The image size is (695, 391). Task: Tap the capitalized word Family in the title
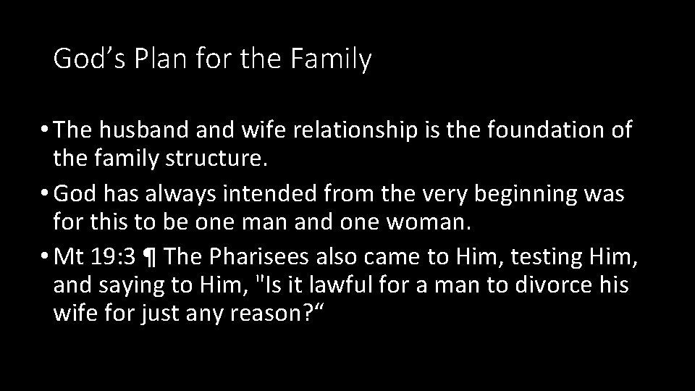(x=332, y=59)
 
